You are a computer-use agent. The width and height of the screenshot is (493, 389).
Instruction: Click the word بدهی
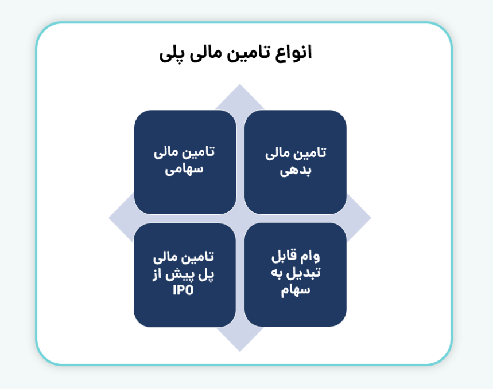[296, 171]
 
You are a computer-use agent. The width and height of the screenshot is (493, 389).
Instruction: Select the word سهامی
[185, 170]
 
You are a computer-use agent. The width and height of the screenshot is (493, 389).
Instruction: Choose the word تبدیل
[304, 273]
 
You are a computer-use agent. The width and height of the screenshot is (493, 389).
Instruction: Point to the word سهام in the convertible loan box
[296, 290]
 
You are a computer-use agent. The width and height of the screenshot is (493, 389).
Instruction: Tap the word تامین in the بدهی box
[310, 154]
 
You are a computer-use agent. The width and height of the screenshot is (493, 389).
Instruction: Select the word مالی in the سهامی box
[167, 153]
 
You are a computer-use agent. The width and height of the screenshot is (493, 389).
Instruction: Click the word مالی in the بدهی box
[278, 154]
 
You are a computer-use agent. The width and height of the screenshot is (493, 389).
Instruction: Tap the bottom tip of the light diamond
[240, 350]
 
